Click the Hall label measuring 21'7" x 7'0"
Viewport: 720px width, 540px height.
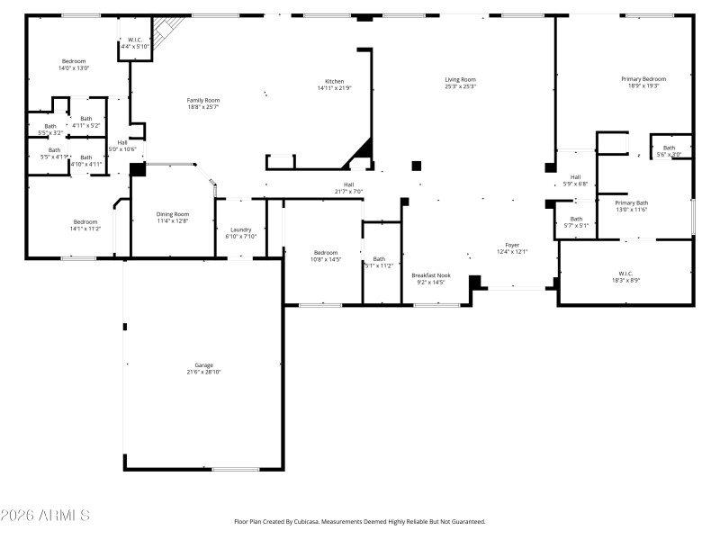[347, 187]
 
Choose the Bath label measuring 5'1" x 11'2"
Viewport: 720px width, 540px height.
[378, 262]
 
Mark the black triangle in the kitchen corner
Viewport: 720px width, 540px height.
[362, 149]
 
